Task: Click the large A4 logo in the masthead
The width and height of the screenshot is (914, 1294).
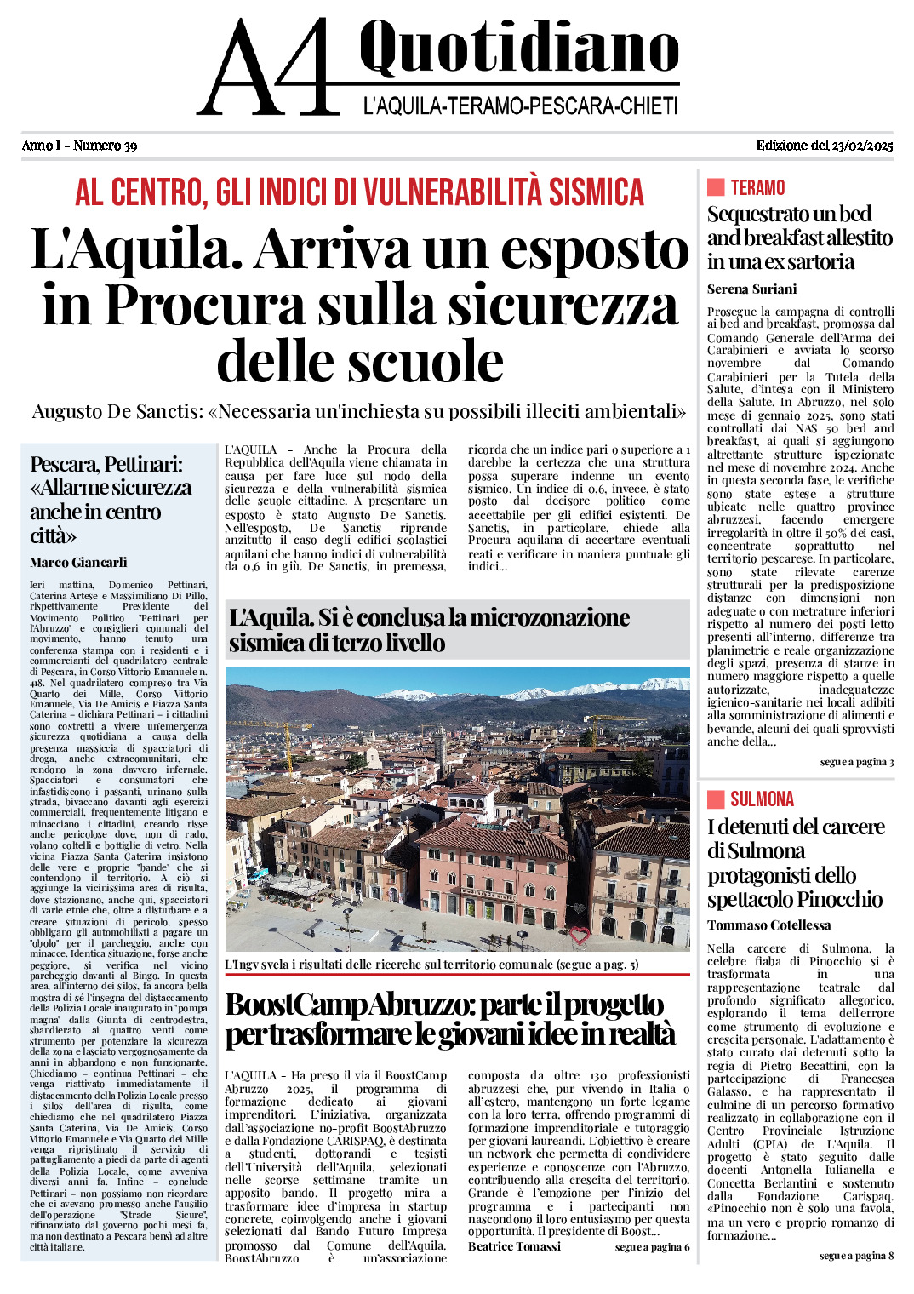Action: coord(268,68)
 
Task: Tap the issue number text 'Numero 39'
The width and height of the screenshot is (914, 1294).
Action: coord(105,146)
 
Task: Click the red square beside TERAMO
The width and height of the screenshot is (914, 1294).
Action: coord(716,187)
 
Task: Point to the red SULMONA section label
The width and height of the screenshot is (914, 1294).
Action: coord(762,799)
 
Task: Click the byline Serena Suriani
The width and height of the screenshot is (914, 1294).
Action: coord(751,289)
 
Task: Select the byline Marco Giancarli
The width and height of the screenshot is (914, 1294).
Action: coord(78,563)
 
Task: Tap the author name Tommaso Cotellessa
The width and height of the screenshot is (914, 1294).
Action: coord(768,925)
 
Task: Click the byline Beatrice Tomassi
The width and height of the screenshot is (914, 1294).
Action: coord(514,1246)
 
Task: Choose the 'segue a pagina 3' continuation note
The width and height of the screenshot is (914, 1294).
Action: coord(856,762)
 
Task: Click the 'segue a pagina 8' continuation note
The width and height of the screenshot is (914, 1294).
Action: coord(856,1256)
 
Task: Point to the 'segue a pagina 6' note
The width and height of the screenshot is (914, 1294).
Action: coord(652,1247)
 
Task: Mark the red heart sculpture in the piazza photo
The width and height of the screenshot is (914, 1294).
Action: coord(580,936)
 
